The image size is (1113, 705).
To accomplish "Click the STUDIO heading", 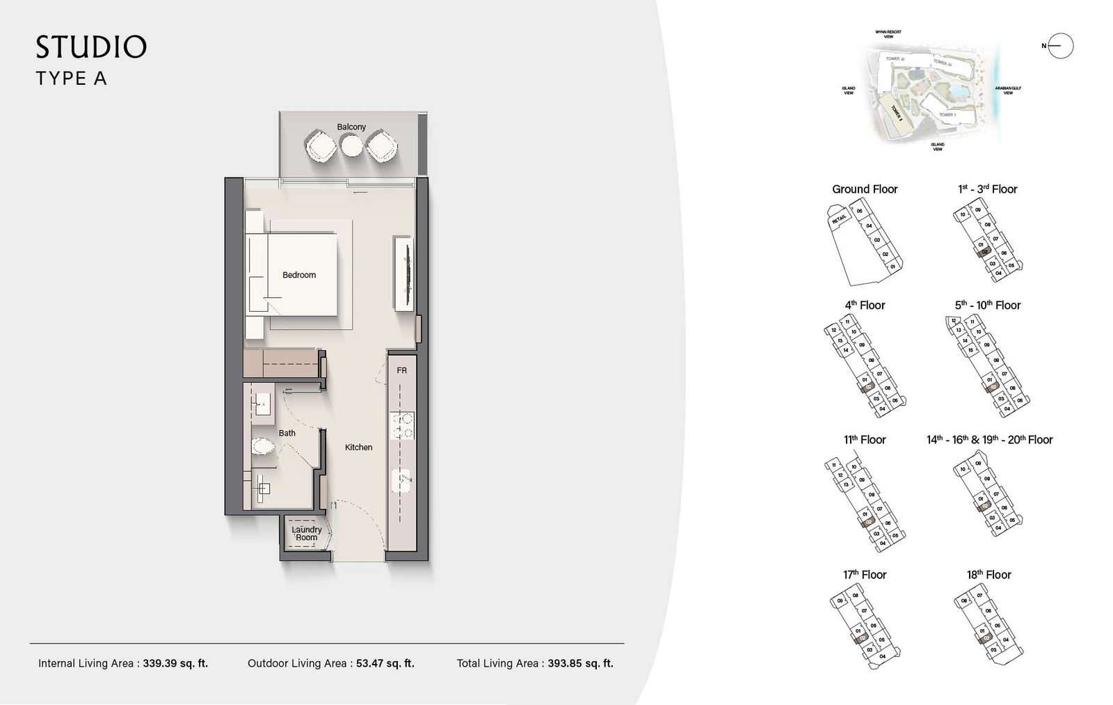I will tap(91, 47).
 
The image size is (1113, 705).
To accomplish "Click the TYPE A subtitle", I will tap(71, 79).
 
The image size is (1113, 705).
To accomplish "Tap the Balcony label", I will tap(351, 127).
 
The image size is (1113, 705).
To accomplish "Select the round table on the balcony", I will tap(352, 145).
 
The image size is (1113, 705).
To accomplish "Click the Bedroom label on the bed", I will tap(299, 275).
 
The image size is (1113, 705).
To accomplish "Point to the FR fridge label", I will tap(402, 371).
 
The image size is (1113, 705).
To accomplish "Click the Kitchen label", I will tap(359, 447).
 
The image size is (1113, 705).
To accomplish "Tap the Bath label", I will tap(287, 433).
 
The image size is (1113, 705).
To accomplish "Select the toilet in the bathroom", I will tap(263, 446).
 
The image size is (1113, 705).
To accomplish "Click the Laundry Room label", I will tap(307, 534).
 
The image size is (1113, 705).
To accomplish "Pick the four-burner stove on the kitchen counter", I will tap(402, 425).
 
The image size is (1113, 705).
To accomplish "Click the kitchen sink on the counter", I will tap(402, 478).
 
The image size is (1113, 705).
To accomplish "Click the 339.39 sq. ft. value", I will tap(175, 663).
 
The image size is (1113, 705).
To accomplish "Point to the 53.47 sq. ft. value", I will tap(385, 663).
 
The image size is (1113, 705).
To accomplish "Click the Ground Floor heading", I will tap(865, 189).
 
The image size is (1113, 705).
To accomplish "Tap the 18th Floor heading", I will tap(988, 575).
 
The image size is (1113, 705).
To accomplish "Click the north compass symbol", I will tap(1060, 46).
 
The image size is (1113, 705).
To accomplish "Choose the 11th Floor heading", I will tap(865, 440).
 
